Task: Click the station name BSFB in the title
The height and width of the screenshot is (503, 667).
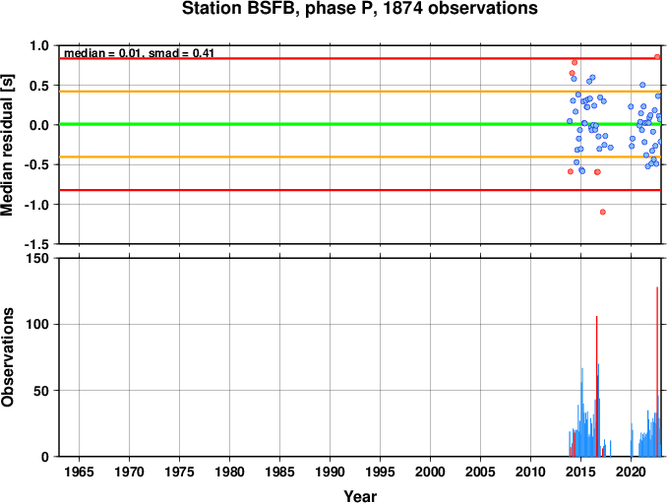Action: coord(269,9)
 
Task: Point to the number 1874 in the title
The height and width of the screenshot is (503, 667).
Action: coord(403,9)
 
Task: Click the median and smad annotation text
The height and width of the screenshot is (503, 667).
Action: coord(139,53)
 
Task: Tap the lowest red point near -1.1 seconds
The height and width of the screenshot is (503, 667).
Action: coord(602,212)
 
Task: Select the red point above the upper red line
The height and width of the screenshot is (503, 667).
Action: coord(657,57)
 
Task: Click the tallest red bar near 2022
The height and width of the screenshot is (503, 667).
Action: coord(657,371)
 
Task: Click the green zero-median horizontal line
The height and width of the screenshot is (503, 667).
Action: coord(360,124)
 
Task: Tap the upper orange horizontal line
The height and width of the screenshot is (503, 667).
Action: coord(360,92)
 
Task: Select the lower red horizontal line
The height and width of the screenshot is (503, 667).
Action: coord(360,190)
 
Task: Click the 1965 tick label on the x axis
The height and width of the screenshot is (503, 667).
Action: coord(79,472)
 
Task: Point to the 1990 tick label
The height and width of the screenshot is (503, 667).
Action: coord(331,472)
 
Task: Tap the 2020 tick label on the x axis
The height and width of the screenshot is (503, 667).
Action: coord(631,472)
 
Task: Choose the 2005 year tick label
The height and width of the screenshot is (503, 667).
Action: coord(480,472)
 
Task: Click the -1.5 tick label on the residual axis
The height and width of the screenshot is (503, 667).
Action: coord(36,244)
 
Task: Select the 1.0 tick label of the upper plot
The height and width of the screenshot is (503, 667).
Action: coord(39,45)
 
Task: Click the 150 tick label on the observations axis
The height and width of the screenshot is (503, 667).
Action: coord(37,258)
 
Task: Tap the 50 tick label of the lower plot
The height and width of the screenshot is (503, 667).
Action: coord(41,391)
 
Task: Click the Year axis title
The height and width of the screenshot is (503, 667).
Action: coord(360,496)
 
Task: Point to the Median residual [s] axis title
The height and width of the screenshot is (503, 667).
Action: coord(7,145)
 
